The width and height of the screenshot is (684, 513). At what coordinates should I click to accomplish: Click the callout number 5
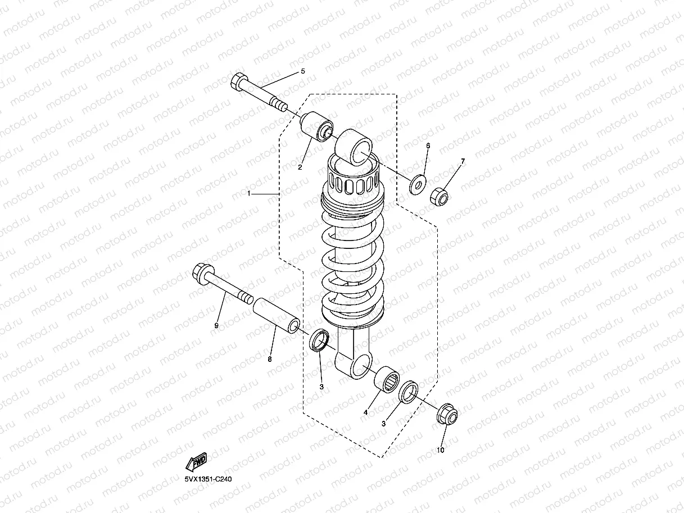click(x=302, y=71)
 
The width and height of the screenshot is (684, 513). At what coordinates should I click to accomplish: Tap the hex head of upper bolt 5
click(x=238, y=82)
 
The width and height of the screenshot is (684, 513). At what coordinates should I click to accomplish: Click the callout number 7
click(x=463, y=162)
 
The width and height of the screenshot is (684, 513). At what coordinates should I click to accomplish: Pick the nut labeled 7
click(x=440, y=197)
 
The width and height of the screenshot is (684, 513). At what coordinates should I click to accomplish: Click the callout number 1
click(x=249, y=193)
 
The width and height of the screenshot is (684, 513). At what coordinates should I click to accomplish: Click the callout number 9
click(x=216, y=325)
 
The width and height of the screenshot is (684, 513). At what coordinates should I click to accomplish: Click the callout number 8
click(x=269, y=359)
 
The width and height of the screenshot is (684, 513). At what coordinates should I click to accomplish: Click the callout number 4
click(x=365, y=412)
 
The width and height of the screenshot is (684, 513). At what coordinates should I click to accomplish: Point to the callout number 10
click(x=441, y=450)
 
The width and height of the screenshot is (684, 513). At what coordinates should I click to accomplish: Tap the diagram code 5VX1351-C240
click(x=208, y=479)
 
